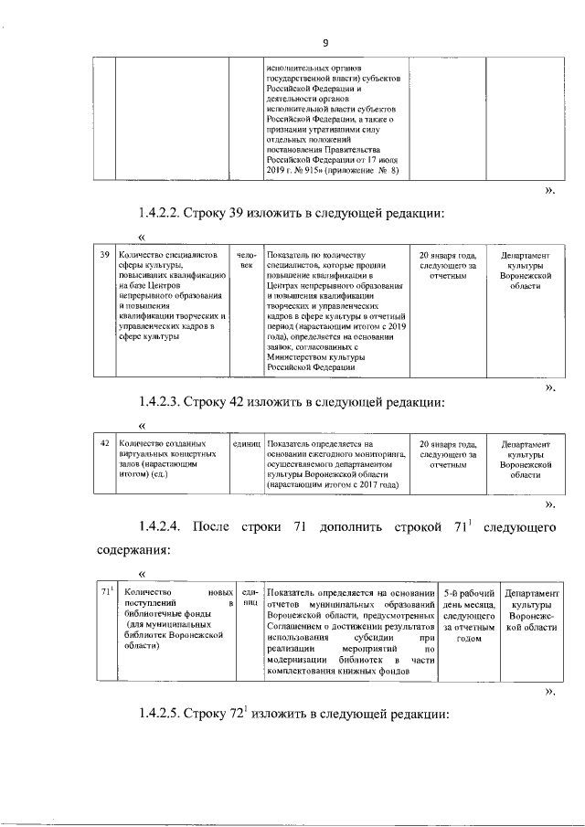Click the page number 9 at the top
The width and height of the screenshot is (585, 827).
(324, 43)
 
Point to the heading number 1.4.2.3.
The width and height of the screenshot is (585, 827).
(160, 402)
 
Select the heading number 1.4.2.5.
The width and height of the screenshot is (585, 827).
(160, 715)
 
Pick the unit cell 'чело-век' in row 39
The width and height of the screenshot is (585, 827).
(245, 260)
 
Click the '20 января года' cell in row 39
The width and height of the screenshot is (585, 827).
(448, 264)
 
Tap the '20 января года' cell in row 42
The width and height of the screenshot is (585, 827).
(448, 453)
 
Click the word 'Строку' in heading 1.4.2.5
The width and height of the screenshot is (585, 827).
(212, 715)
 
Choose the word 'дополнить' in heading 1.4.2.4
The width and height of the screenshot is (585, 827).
(355, 527)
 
